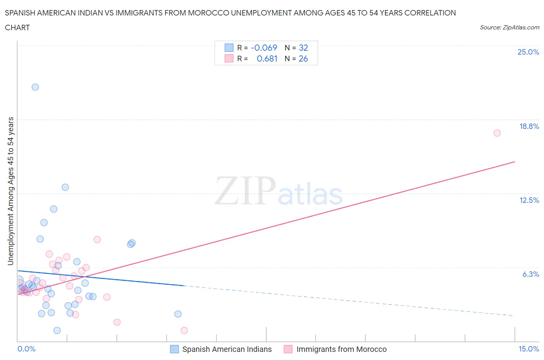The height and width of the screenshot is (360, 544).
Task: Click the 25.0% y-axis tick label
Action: coord(528,52)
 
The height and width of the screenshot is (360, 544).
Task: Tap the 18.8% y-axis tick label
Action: coord(529,126)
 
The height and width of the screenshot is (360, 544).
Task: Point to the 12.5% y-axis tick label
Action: coord(529,200)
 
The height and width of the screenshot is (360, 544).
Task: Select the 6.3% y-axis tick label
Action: coord(530,274)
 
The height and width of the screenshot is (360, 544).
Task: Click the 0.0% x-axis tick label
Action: coord(26,349)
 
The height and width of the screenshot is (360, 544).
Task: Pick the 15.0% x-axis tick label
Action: coord(529,349)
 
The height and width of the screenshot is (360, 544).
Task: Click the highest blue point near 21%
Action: coord(35,87)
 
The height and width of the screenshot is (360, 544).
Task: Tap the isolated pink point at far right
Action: coord(497,133)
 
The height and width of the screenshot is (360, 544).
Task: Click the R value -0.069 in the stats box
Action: coord(264,48)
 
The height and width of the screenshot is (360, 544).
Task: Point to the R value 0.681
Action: coord(267,58)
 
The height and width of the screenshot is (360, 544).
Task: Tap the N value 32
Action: coord(303,48)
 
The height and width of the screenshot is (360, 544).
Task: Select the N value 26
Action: coord(303,58)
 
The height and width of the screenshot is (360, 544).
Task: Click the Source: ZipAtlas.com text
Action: coord(509,27)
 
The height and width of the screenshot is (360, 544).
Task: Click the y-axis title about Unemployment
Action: coord(11,191)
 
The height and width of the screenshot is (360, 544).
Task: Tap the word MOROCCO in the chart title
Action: coord(208,13)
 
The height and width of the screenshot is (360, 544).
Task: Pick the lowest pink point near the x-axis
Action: coord(184,330)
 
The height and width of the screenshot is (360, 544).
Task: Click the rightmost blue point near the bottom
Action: coord(178,314)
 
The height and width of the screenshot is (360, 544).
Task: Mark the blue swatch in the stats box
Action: coord(229,48)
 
